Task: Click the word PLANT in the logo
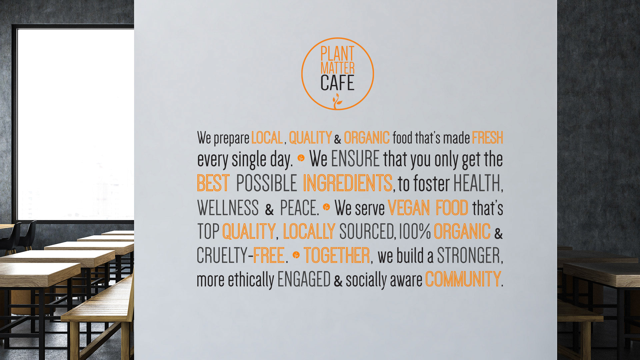(x=337, y=54)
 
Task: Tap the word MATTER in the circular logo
(x=337, y=68)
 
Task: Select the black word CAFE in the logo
(x=337, y=83)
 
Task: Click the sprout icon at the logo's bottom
(x=337, y=101)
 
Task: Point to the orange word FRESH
(x=487, y=138)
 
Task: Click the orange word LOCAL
(x=267, y=138)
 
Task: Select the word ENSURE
(x=355, y=159)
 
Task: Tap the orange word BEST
(x=213, y=183)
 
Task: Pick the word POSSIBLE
(x=266, y=183)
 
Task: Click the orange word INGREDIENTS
(x=348, y=183)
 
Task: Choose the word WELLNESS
(x=228, y=208)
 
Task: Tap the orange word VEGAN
(x=409, y=208)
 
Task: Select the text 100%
(x=415, y=231)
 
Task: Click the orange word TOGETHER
(x=337, y=255)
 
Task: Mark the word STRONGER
(x=469, y=255)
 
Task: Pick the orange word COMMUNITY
(x=463, y=279)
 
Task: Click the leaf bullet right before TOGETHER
(x=296, y=255)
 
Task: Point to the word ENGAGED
(x=304, y=279)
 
